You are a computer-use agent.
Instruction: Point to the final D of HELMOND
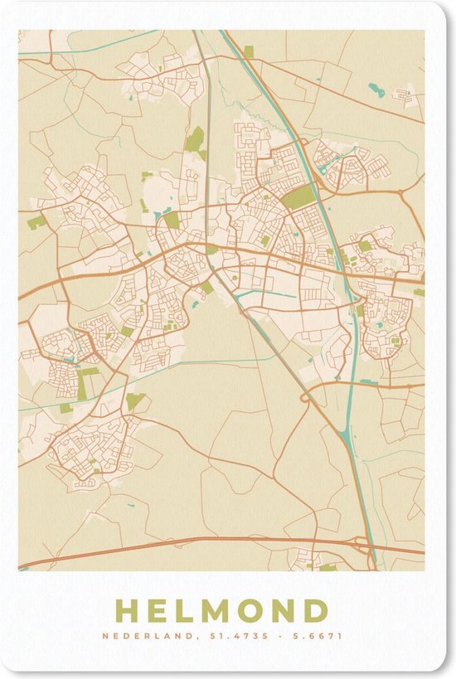[316, 611]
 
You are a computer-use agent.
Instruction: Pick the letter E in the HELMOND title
[158, 611]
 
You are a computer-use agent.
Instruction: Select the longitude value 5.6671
[318, 637]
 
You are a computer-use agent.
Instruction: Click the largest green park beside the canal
[300, 196]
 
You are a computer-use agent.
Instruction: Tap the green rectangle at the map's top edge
[249, 51]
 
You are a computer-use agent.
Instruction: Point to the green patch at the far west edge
[36, 222]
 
